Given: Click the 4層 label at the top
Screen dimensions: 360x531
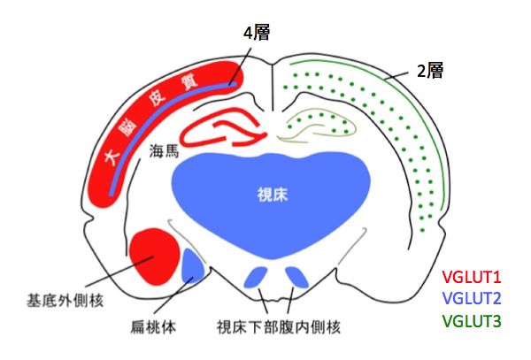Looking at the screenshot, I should [x=256, y=34].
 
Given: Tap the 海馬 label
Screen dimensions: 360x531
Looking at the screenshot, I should [x=164, y=152].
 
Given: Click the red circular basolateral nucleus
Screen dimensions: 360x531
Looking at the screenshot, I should [x=154, y=256].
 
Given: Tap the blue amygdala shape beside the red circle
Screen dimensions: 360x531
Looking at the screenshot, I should [x=193, y=266].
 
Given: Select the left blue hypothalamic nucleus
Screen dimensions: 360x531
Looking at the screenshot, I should [x=257, y=277].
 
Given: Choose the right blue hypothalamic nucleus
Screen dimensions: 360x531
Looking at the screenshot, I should [x=296, y=278].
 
